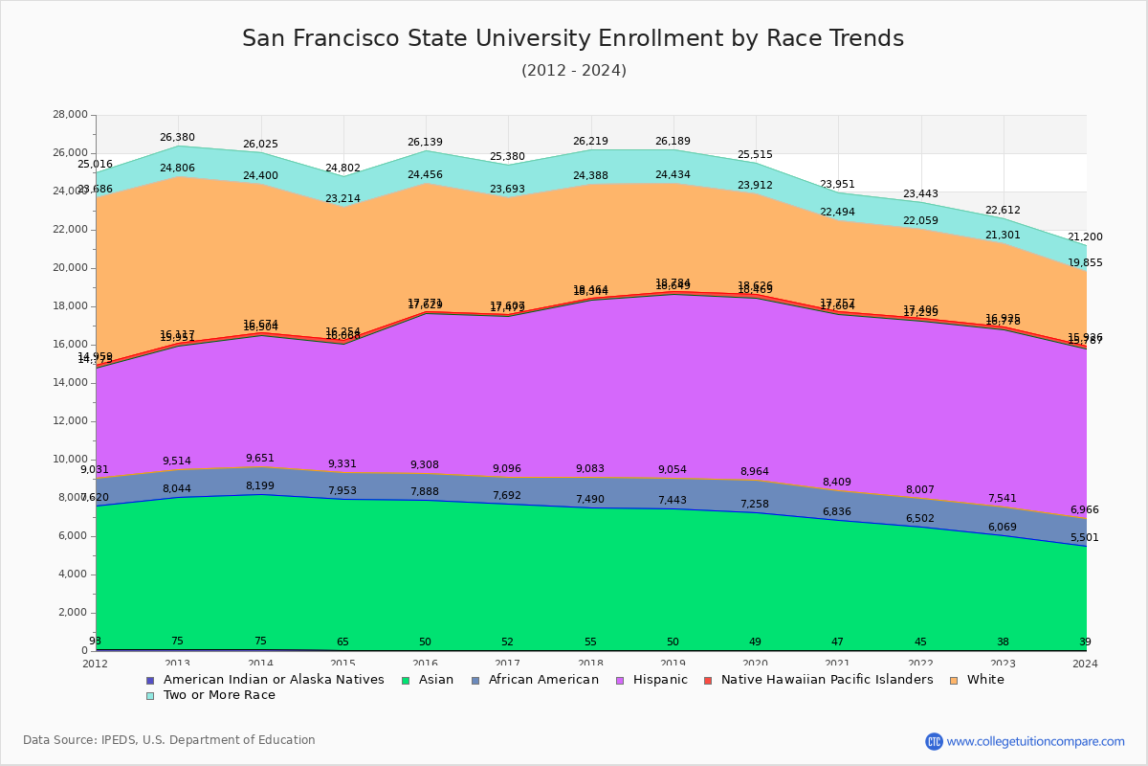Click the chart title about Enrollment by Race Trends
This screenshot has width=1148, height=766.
click(x=572, y=38)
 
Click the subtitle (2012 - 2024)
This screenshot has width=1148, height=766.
click(x=573, y=71)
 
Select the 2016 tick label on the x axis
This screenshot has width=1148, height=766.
click(x=426, y=664)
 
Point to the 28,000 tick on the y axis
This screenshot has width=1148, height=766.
click(x=70, y=115)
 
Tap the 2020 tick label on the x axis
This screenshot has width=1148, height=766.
click(x=756, y=664)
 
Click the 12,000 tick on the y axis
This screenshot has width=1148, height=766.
click(x=70, y=421)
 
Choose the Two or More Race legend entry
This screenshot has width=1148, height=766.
click(x=218, y=695)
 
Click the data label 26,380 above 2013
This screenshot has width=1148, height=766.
click(x=178, y=137)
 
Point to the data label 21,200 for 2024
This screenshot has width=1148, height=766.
click(x=1085, y=237)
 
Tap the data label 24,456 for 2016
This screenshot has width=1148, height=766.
click(x=426, y=175)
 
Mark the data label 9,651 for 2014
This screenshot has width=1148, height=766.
click(x=260, y=459)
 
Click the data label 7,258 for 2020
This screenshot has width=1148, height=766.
click(x=756, y=504)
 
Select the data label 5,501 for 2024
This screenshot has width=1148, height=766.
click(x=1084, y=538)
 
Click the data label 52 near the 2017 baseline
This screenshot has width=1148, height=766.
click(x=508, y=642)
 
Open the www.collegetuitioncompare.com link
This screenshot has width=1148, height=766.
click(x=1035, y=741)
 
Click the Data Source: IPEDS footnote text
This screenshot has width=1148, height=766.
click(x=168, y=740)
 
